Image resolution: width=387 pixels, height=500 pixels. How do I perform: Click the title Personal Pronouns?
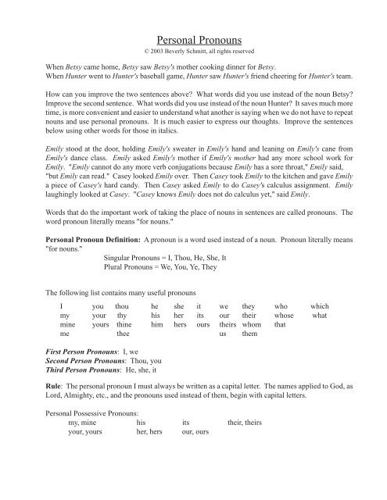click(x=194, y=38)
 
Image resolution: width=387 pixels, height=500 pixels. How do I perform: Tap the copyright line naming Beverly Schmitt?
click(x=194, y=52)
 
